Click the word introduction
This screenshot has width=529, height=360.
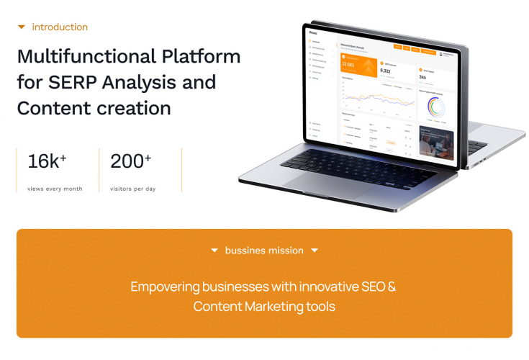(x=60, y=27)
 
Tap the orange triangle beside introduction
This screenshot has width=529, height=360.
(x=22, y=27)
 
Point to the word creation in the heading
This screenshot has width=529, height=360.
(x=135, y=108)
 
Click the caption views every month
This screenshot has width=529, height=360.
(x=55, y=189)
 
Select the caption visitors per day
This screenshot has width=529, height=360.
(x=133, y=189)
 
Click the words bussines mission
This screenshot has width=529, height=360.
(x=264, y=251)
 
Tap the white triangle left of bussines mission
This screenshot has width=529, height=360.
(x=214, y=251)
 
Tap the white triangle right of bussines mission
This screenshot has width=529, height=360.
(x=315, y=251)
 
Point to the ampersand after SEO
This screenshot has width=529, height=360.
(x=392, y=287)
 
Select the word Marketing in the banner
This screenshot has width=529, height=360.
(x=273, y=307)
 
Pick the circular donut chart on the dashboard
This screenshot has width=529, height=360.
(x=437, y=107)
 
